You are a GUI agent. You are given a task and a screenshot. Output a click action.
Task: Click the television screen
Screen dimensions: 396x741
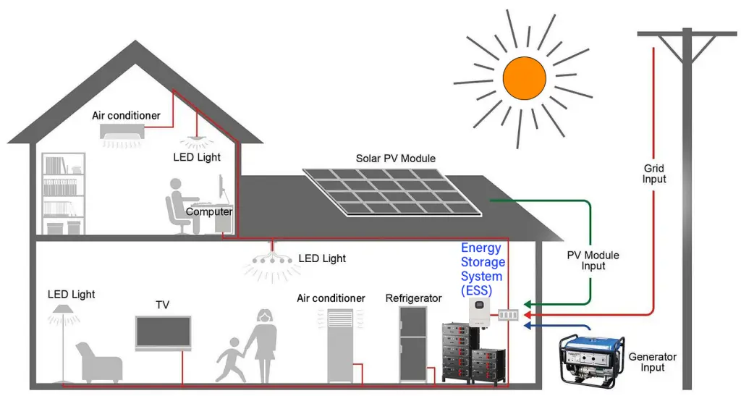pos(163,333)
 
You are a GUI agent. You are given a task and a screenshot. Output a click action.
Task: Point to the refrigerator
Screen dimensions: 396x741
pos(413,343)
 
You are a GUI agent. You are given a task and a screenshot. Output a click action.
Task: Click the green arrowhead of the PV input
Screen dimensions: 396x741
pos(528,303)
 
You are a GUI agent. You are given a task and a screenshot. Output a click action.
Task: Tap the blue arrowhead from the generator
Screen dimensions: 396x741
pos(528,326)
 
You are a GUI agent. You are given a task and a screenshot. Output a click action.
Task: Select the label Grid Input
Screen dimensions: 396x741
pos(654,174)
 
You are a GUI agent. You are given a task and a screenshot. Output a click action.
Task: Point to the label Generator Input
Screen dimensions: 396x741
pos(652,362)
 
